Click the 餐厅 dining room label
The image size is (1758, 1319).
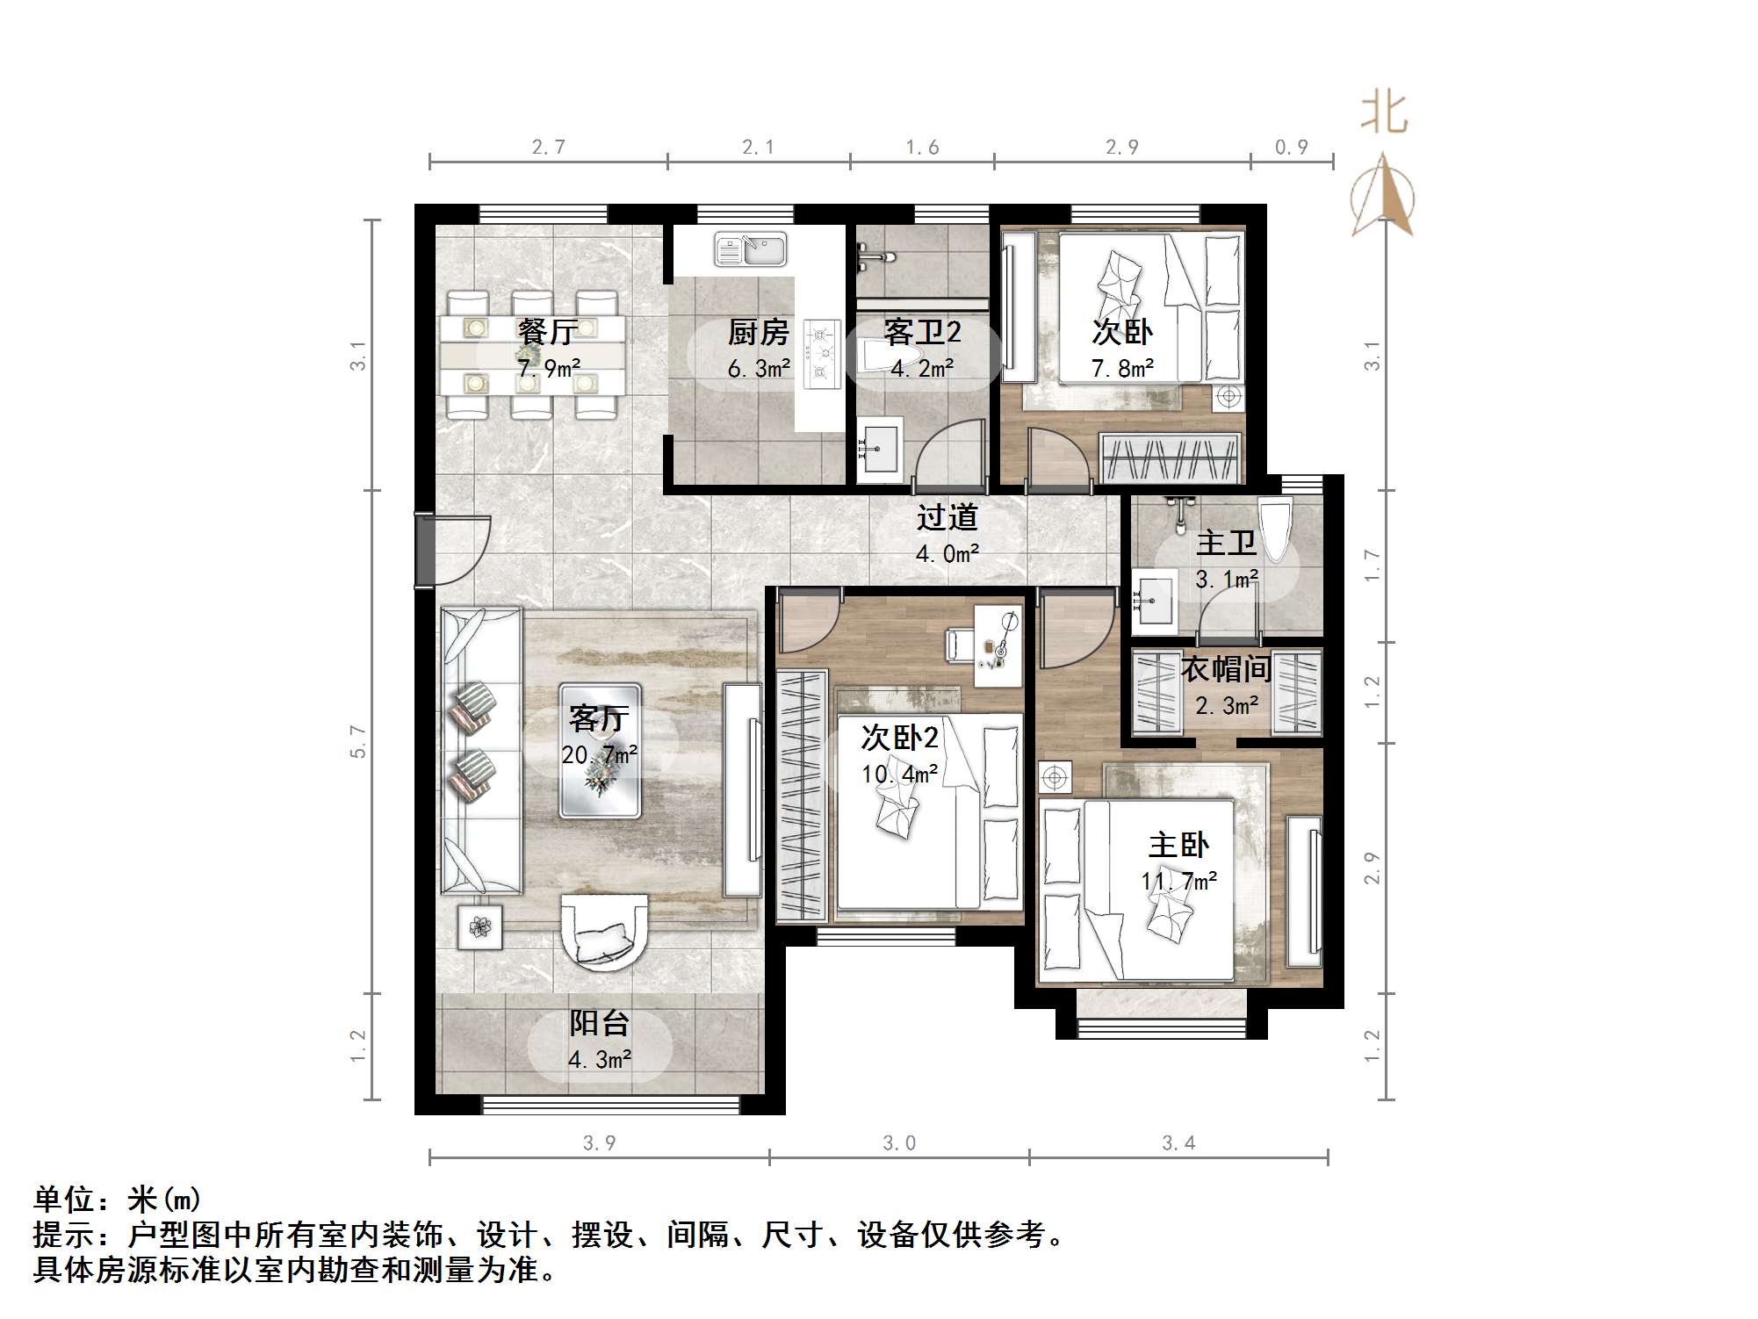547,332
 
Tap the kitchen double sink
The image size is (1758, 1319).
750,249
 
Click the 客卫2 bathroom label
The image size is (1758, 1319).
922,332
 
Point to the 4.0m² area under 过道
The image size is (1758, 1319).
947,554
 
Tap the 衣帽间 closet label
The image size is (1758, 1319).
1226,669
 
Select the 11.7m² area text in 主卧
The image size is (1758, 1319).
1178,881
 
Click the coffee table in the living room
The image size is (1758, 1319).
601,751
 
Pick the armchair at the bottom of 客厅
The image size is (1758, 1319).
605,933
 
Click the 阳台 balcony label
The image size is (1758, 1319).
599,1023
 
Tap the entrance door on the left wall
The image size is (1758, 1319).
452,550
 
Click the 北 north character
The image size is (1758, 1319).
1384,114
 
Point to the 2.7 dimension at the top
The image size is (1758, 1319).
548,147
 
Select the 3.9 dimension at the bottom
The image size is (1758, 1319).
599,1142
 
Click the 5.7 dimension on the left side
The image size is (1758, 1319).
357,741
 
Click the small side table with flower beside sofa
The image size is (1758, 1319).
479,926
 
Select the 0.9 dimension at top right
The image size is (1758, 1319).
1291,147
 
